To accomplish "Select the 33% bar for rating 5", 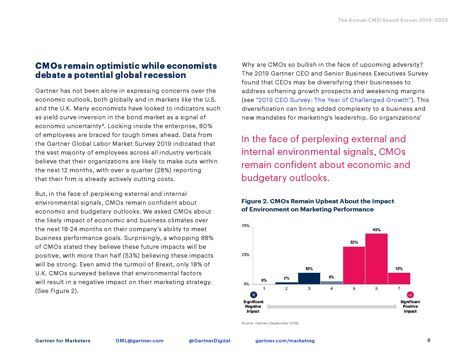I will pos(354,265).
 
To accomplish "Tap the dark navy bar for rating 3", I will pos(309,278).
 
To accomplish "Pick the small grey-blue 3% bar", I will pos(331,283).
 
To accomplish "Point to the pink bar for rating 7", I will pos(399,278).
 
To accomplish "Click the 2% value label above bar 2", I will pos(286,278).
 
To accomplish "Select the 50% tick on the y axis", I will pos(245,226).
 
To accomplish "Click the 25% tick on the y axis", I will pos(245,254).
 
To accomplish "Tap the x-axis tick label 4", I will pos(331,289).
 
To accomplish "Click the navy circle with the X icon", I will pos(253,295).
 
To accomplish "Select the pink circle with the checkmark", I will pos(410,295).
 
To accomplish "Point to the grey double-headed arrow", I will pos(331,307).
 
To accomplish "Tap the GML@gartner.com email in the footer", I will pos(139,341).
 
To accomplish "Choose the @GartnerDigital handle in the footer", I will pos(209,341).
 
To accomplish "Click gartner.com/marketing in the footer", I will pos(285,341).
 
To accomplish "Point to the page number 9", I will pos(429,340).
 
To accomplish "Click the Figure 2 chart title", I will pos(317,205).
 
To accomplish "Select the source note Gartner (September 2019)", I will pos(270,323).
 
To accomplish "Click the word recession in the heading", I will pos(166,75).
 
